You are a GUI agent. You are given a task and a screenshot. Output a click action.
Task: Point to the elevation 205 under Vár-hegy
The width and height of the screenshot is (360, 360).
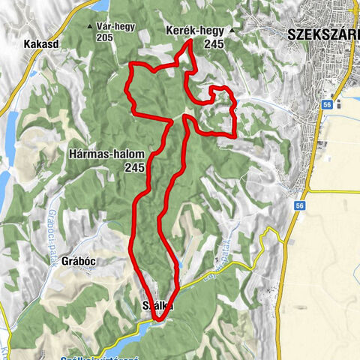click(115, 38)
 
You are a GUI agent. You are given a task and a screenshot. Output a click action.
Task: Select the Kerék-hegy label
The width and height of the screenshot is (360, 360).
click(193, 31)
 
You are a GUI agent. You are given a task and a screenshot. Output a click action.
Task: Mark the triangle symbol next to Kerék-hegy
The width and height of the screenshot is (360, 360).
click(232, 31)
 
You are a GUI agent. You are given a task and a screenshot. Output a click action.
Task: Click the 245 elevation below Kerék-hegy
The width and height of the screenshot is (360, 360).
click(214, 44)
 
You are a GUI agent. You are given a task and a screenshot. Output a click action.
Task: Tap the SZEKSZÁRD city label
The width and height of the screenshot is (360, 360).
click(322, 34)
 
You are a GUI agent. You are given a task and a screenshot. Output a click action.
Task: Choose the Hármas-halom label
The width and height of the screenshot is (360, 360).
click(115, 154)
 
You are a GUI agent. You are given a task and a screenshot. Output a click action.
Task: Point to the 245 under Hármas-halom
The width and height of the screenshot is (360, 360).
click(135, 168)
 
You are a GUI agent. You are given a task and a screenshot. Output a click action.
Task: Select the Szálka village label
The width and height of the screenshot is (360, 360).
click(158, 306)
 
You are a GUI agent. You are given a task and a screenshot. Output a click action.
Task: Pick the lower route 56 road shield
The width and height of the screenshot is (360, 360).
click(299, 205)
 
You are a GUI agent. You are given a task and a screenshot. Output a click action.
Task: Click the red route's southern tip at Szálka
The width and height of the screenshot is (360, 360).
click(158, 320)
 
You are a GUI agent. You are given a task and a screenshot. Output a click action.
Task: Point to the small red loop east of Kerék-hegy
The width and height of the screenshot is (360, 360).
click(222, 94)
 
